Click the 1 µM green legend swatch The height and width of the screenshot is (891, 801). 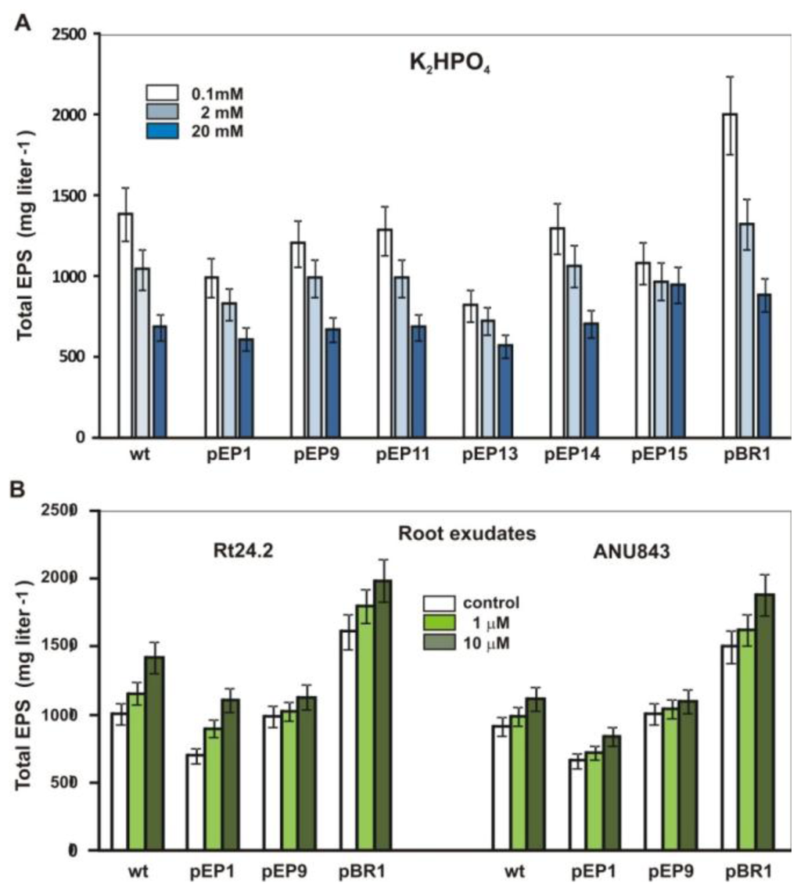click(440, 623)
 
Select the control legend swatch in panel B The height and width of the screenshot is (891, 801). click(440, 604)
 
